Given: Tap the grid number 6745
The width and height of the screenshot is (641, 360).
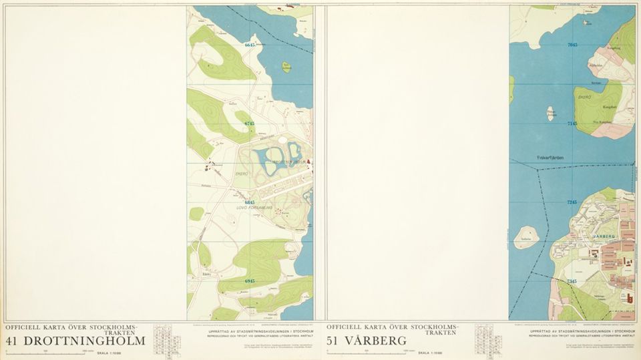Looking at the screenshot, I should (x=250, y=124).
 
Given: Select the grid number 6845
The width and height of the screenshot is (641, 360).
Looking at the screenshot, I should (x=250, y=202).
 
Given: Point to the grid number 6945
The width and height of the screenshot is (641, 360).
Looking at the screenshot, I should (x=250, y=281).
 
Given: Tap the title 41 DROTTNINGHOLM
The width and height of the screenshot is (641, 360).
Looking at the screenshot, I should (x=75, y=341).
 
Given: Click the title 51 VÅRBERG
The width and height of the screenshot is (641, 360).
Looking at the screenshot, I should (x=369, y=341).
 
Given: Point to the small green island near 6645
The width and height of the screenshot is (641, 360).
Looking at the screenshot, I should (x=286, y=67).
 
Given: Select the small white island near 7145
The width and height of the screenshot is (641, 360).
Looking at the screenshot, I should (x=551, y=113).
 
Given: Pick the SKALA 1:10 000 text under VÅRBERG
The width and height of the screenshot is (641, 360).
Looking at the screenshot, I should (x=431, y=353).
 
